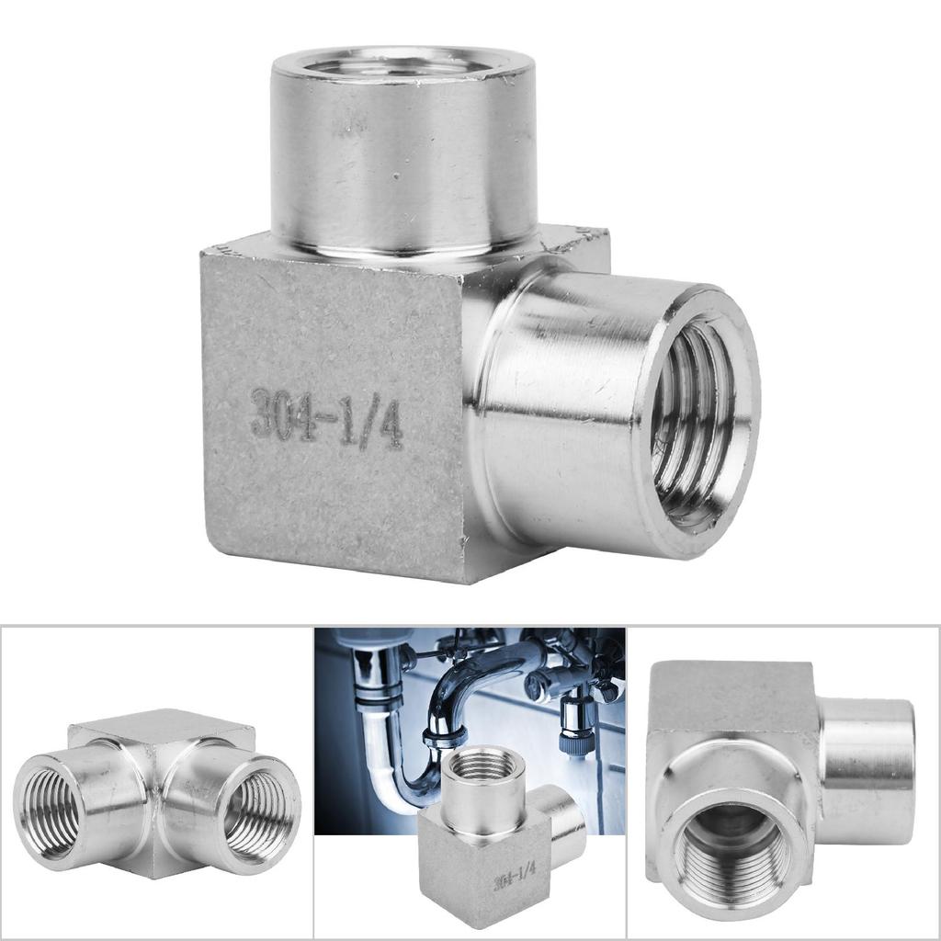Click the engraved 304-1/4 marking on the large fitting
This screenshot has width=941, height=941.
326,418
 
